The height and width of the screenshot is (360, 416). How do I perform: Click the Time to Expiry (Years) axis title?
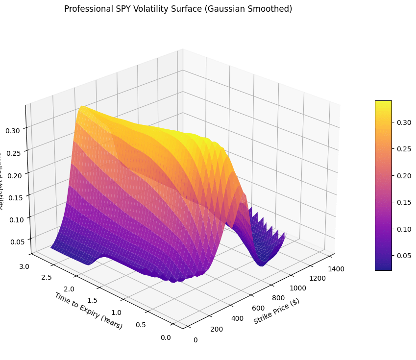tap(89, 311)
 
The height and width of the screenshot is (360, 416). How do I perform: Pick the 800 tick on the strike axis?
tap(277, 297)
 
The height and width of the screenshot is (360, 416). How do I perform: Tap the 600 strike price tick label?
tap(258, 308)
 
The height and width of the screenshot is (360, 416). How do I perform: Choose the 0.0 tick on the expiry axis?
tap(166, 337)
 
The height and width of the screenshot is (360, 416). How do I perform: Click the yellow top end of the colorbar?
tap(383, 103)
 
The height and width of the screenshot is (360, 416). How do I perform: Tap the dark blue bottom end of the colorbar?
tap(383, 267)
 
